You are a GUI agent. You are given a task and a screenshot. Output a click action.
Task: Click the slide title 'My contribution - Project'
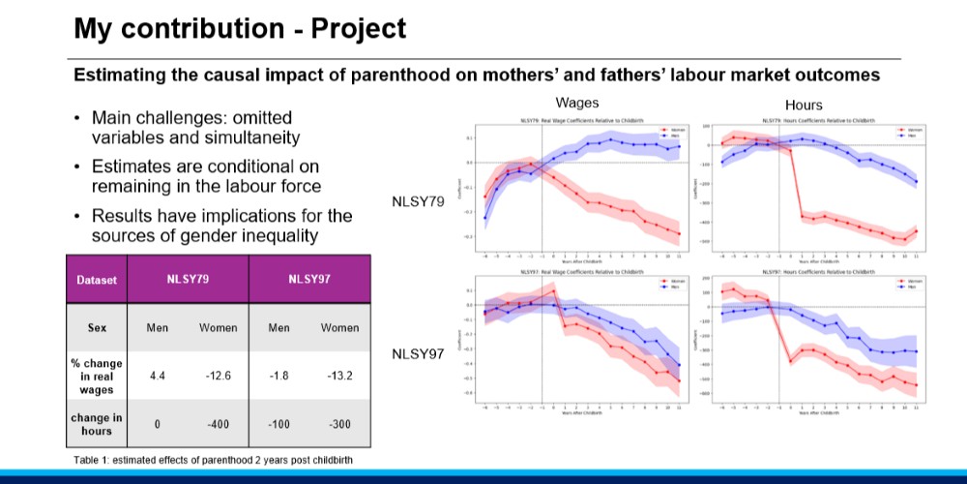coord(240,29)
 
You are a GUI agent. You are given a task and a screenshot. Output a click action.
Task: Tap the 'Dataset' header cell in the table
coord(97,280)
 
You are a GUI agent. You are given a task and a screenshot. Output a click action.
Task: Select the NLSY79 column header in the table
coord(188,280)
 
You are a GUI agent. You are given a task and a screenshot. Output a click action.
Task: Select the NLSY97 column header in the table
coord(309,280)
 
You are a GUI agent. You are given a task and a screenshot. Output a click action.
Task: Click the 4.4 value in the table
coord(157,376)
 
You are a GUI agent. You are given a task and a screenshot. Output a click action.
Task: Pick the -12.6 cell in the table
coord(218,376)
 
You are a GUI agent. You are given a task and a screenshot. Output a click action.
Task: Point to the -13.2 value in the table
coord(339,376)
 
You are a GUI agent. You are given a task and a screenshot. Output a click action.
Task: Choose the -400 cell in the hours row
coord(218,424)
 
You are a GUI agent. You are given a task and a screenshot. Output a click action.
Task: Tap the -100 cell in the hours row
coord(278,424)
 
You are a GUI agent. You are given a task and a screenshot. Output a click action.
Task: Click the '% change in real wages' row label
coord(97,376)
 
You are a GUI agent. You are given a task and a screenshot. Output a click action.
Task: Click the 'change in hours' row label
coord(97,424)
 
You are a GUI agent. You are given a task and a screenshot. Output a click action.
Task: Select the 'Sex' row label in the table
coord(97,327)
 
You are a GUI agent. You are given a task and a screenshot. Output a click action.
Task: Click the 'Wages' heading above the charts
coord(577,103)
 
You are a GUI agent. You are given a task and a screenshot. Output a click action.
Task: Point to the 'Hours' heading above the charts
coord(804,105)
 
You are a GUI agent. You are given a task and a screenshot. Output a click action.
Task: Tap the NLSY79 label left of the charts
coord(418,202)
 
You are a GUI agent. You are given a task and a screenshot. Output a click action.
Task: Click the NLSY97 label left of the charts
coord(418,354)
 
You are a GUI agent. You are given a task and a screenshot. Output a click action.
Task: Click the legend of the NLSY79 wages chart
coord(669,132)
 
